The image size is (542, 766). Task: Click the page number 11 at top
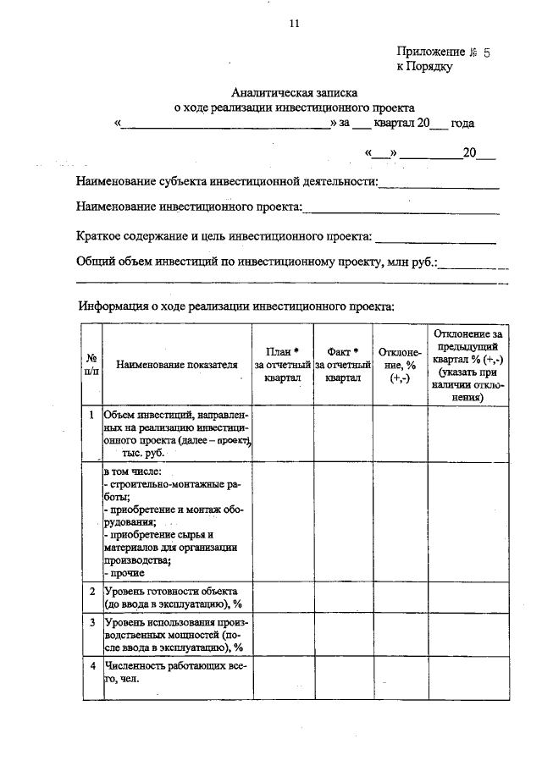tap(293, 24)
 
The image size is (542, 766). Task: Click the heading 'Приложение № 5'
tap(443, 52)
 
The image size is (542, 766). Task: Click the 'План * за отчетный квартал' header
tap(283, 365)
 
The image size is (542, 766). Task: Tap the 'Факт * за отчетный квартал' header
tap(343, 365)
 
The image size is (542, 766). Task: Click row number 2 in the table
tap(91, 591)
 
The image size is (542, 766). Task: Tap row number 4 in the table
tap(91, 667)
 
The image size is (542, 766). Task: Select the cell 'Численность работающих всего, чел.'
tap(174, 672)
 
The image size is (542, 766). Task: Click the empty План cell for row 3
tap(283, 635)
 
